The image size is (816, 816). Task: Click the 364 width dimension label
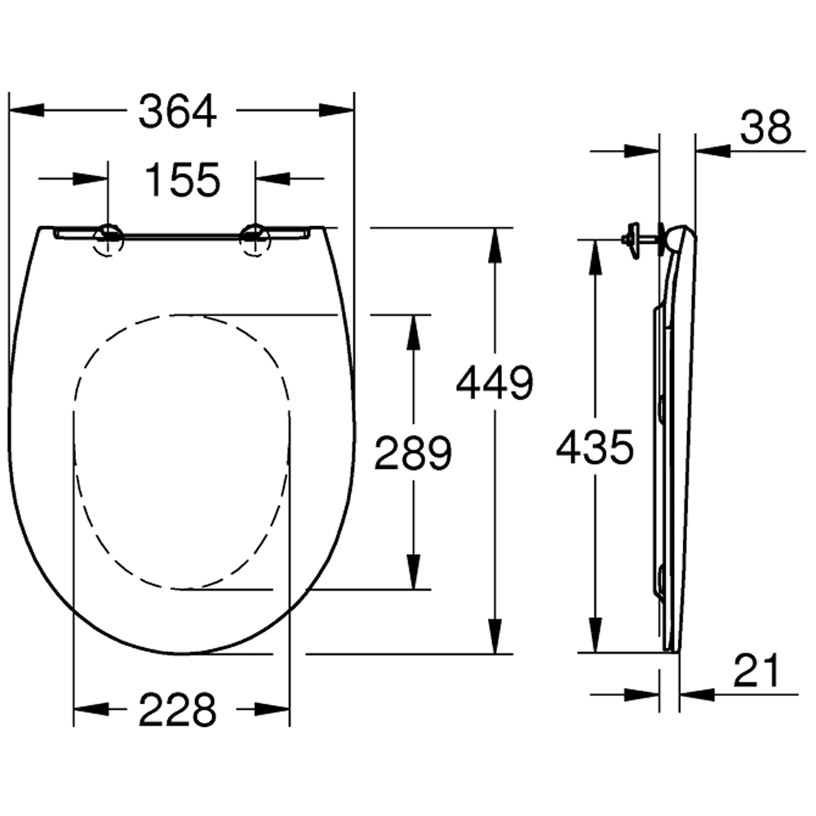pos(177,111)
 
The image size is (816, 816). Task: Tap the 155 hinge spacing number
pos(183,180)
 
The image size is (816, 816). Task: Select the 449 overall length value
pos(495,383)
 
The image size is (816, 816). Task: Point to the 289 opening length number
pos(413,453)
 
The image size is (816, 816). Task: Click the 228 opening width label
pos(177,709)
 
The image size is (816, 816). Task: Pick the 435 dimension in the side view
pos(596,447)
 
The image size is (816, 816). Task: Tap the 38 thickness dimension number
pos(766,126)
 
